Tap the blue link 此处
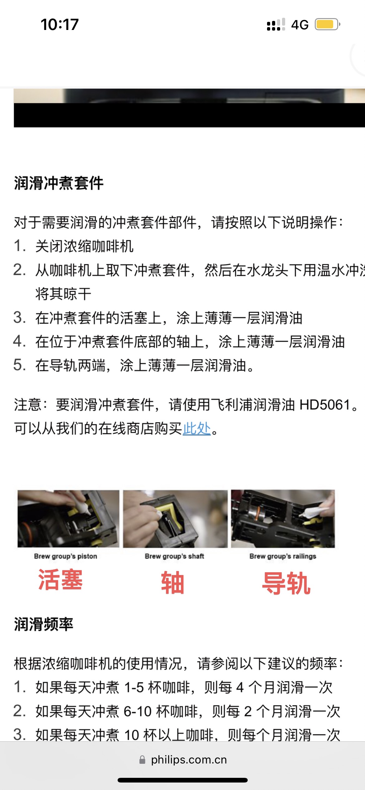197,428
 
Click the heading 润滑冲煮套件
59,183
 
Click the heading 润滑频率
44,624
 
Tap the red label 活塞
60,579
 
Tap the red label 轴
173,583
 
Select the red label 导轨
286,583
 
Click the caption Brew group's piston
66,556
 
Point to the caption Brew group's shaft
174,556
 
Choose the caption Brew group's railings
283,556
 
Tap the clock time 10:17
60,24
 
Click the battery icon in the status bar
327,24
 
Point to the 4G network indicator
300,25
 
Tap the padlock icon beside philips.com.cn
142,760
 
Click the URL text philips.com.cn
189,760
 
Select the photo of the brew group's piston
68,519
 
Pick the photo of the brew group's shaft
175,519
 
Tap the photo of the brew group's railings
283,519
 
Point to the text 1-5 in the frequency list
134,687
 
